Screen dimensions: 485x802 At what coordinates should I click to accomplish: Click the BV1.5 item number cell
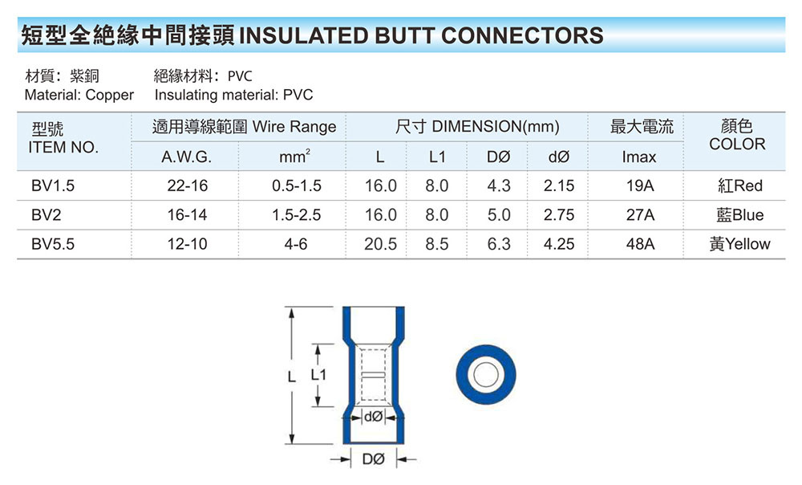[53, 185]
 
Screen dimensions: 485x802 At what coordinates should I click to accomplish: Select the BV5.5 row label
[53, 244]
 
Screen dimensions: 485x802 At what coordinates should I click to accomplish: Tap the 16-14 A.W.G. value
[187, 215]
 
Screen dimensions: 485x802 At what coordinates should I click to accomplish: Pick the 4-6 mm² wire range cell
[296, 244]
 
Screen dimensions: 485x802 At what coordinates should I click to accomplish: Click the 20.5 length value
[380, 244]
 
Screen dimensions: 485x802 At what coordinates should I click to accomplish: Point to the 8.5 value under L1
[437, 244]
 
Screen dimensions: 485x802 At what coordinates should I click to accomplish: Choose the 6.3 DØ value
[498, 244]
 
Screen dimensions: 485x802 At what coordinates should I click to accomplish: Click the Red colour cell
[739, 185]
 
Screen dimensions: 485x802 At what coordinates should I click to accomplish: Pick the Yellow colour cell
[739, 244]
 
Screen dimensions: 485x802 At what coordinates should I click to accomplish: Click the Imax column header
[639, 157]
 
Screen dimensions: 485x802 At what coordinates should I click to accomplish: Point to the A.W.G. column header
[186, 157]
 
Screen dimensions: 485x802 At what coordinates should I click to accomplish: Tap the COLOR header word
[738, 145]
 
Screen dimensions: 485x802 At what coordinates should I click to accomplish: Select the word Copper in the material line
[109, 95]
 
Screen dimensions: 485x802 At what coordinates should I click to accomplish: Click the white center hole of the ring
[485, 375]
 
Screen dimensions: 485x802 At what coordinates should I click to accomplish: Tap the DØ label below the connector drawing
[374, 459]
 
